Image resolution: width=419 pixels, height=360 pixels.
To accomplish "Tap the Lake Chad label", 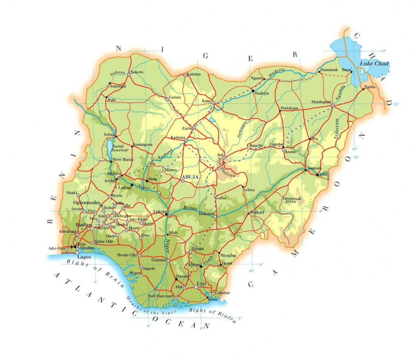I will (375, 64).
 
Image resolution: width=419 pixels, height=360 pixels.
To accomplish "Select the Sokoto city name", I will (137, 72).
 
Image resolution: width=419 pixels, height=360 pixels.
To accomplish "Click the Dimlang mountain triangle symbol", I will (299, 199).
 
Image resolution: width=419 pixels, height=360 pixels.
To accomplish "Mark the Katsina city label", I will (194, 74).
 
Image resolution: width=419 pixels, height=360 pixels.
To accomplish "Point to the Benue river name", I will (189, 208).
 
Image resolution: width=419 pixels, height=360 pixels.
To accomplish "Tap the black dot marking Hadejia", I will (252, 91).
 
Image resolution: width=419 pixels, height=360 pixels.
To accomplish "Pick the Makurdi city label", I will (205, 213).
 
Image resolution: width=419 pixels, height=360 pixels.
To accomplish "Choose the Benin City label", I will (128, 255).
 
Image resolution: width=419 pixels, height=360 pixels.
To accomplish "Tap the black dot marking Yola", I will (317, 174).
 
